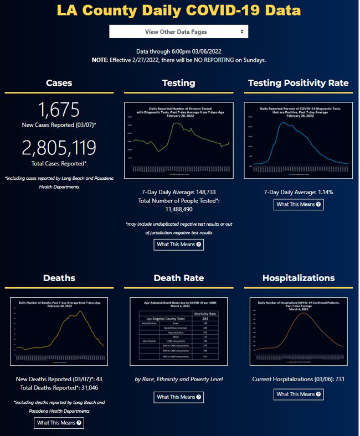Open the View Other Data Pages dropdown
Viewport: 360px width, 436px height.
(178, 32)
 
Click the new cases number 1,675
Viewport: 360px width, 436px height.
(59, 110)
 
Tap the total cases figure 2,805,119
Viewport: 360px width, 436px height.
(59, 147)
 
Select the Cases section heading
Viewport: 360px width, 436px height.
(59, 83)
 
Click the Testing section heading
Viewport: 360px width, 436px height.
(178, 83)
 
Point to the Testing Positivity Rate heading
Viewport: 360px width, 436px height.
(298, 83)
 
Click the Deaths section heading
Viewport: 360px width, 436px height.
(59, 278)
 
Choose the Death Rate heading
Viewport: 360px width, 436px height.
(178, 278)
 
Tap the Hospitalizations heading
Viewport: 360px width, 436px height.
(298, 278)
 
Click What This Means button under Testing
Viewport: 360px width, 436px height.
(178, 244)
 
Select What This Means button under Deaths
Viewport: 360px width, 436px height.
(59, 423)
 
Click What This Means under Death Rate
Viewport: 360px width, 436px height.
(178, 397)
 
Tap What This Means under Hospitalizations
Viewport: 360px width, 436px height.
(298, 395)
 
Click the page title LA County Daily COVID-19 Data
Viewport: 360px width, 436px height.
(179, 11)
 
